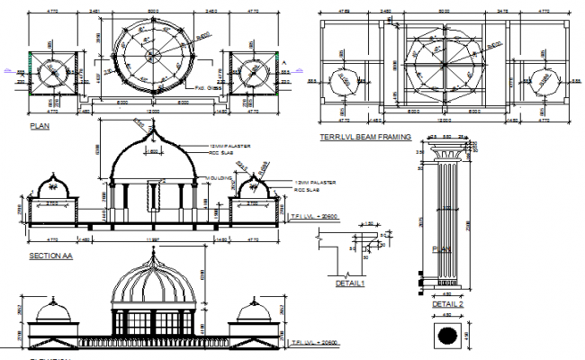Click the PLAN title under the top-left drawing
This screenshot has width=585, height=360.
click(40, 127)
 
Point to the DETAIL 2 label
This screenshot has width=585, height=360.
click(446, 304)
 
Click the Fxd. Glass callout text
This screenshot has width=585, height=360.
click(209, 89)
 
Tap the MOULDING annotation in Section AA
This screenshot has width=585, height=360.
click(219, 179)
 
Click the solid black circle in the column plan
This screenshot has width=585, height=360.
click(447, 335)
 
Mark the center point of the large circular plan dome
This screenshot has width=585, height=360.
click(150, 56)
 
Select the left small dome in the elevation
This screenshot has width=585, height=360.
click(53, 311)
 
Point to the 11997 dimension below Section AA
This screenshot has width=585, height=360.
click(150, 240)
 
